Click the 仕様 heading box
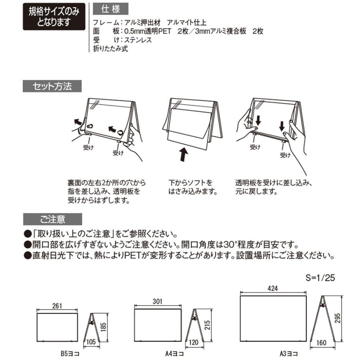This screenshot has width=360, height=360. tap(106, 8)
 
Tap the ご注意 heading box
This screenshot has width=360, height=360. tap(52, 219)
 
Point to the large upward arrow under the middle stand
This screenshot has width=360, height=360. tap(184, 154)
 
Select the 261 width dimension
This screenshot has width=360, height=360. tap(57, 306)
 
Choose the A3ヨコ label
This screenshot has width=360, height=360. tap(289, 354)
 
